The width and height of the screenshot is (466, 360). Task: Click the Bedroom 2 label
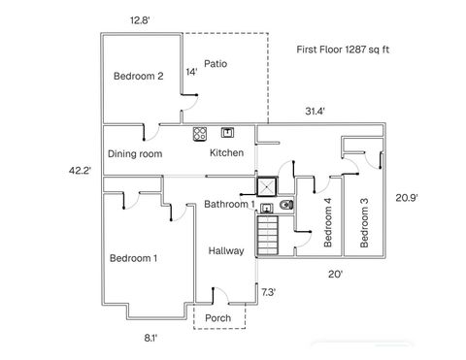click(139, 77)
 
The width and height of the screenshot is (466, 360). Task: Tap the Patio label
click(216, 64)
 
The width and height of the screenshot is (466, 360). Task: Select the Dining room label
click(135, 153)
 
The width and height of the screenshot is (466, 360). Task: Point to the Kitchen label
click(226, 152)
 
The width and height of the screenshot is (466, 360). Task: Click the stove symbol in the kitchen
click(200, 134)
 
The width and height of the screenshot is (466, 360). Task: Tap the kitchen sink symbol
click(227, 133)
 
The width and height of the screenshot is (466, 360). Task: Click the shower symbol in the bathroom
click(267, 186)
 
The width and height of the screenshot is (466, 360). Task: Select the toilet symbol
click(286, 205)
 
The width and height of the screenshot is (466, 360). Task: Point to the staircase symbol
click(267, 236)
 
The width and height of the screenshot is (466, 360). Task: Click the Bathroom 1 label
click(229, 204)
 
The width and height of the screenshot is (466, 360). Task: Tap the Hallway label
click(226, 250)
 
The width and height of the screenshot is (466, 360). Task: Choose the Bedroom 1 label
click(133, 258)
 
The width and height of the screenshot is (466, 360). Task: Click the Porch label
click(217, 318)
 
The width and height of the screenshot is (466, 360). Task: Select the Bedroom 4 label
click(328, 222)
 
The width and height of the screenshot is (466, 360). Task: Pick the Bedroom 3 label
click(364, 223)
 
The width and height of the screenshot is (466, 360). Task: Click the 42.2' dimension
click(80, 171)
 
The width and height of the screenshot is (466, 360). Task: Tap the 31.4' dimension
click(315, 112)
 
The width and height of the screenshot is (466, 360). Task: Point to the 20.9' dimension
click(407, 198)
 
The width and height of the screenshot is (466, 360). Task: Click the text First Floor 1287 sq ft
click(343, 49)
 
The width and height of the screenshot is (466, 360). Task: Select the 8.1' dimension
click(150, 339)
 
